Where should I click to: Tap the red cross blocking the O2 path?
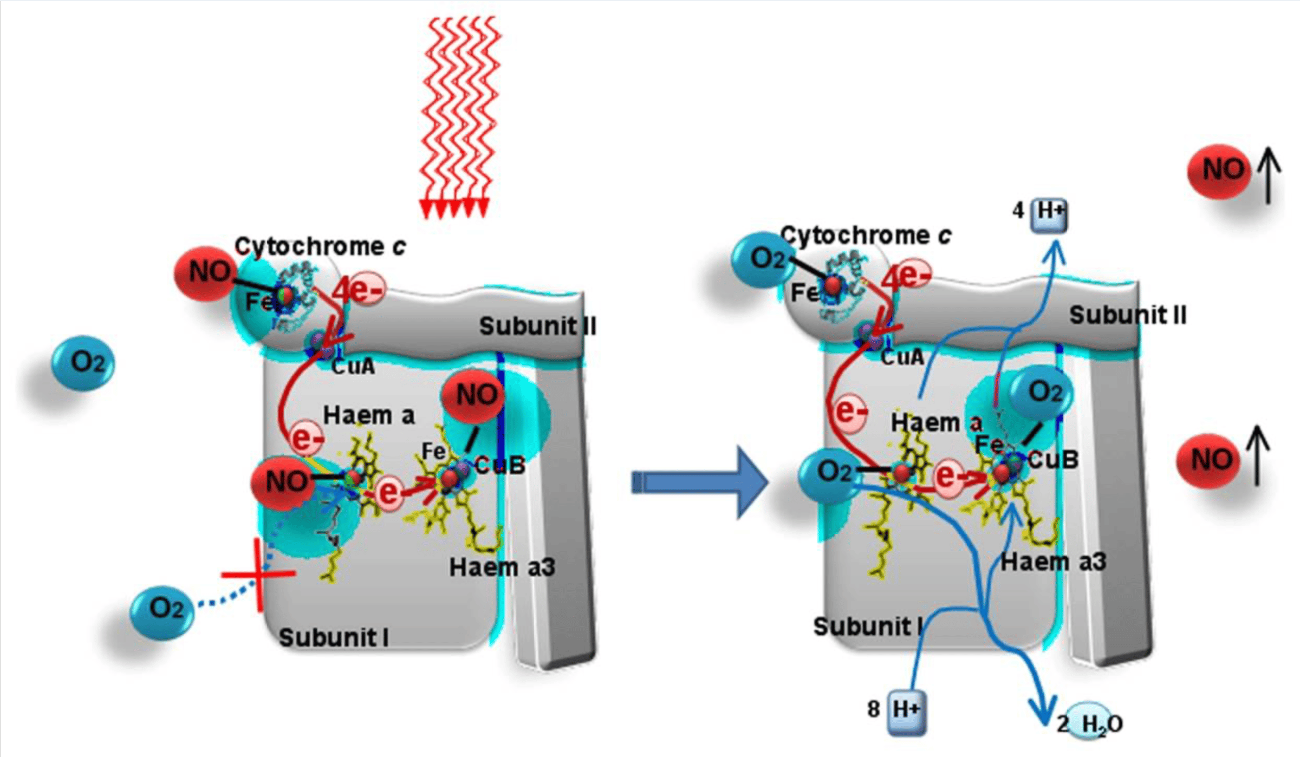(259, 574)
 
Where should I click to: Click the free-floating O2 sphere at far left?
(83, 363)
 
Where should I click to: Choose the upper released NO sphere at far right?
(1219, 171)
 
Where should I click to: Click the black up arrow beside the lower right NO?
(1258, 455)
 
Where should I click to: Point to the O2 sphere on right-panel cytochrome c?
(764, 260)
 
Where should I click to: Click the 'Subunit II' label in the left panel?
(537, 327)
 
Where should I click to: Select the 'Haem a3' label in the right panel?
(1053, 562)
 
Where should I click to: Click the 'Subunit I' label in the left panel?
(334, 637)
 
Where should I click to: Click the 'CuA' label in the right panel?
(902, 357)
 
